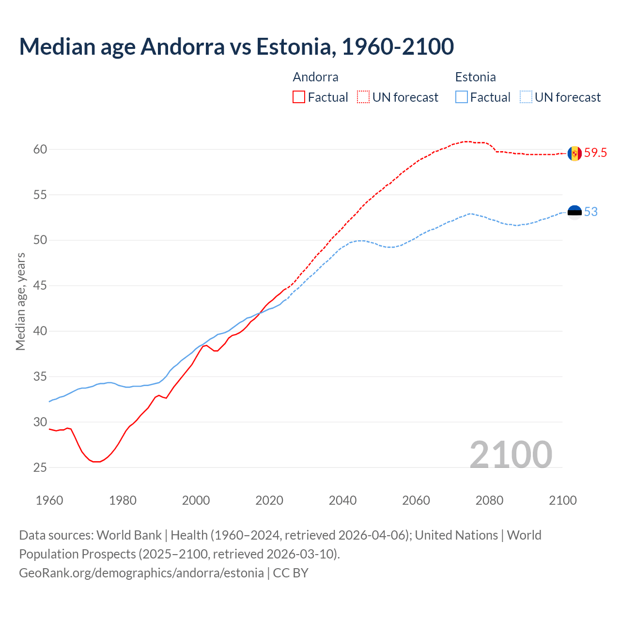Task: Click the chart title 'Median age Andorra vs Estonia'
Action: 236,46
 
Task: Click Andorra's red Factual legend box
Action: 299,97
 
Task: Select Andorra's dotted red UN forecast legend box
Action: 363,97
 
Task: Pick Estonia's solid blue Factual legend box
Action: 462,97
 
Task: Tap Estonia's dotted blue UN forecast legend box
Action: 526,97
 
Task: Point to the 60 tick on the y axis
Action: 40,149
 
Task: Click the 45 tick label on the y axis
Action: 40,286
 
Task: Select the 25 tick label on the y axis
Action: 40,467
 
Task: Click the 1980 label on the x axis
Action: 123,500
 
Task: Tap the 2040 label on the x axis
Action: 342,500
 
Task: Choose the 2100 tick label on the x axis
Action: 562,500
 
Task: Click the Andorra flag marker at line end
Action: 574,154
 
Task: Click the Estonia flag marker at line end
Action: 574,212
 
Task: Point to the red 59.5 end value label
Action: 595,153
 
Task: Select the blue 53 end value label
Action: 591,212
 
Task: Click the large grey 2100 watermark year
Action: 511,454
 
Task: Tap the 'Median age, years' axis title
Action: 20,301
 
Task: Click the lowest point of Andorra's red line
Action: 97,462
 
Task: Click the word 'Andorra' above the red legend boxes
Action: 316,77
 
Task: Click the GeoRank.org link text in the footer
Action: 141,573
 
